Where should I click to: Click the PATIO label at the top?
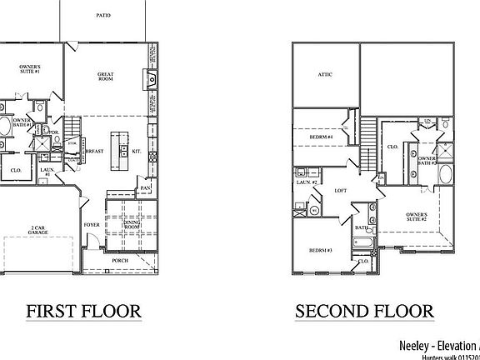[x=103, y=16]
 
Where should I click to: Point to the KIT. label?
[x=137, y=152]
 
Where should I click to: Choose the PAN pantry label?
[x=146, y=187]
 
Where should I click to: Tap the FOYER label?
[x=92, y=226]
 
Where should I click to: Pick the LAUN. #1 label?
[x=47, y=172]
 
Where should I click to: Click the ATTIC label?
[x=326, y=75]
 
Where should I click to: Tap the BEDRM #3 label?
[x=320, y=250]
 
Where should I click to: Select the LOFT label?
[x=341, y=190]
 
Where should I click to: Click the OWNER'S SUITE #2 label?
[x=417, y=218]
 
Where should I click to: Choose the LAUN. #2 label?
[x=306, y=178]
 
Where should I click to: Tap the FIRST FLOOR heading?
[x=83, y=312]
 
